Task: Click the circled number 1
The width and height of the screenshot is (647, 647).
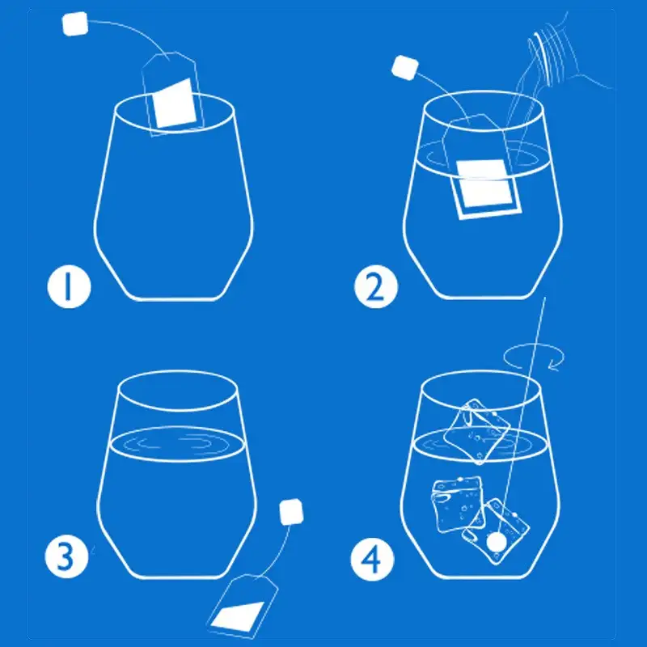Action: pyautogui.click(x=69, y=287)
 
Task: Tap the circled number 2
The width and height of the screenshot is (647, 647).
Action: pyautogui.click(x=375, y=287)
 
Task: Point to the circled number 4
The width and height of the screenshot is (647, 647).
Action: pyautogui.click(x=372, y=560)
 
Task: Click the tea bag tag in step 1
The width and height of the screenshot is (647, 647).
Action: pyautogui.click(x=74, y=24)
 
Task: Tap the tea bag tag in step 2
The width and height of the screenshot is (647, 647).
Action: pyautogui.click(x=405, y=67)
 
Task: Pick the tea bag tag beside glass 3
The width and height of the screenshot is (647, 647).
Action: pyautogui.click(x=291, y=512)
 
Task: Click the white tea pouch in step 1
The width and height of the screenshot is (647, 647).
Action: pyautogui.click(x=174, y=104)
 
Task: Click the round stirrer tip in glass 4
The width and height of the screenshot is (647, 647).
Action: pyautogui.click(x=496, y=541)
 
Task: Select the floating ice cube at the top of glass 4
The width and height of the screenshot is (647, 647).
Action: pyautogui.click(x=477, y=432)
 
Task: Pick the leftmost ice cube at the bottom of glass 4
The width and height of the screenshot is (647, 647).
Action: pyautogui.click(x=457, y=504)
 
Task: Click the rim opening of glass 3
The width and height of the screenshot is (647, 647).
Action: pyautogui.click(x=178, y=391)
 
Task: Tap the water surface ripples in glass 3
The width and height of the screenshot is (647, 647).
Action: pyautogui.click(x=177, y=444)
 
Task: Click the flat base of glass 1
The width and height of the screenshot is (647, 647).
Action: pyautogui.click(x=173, y=298)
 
